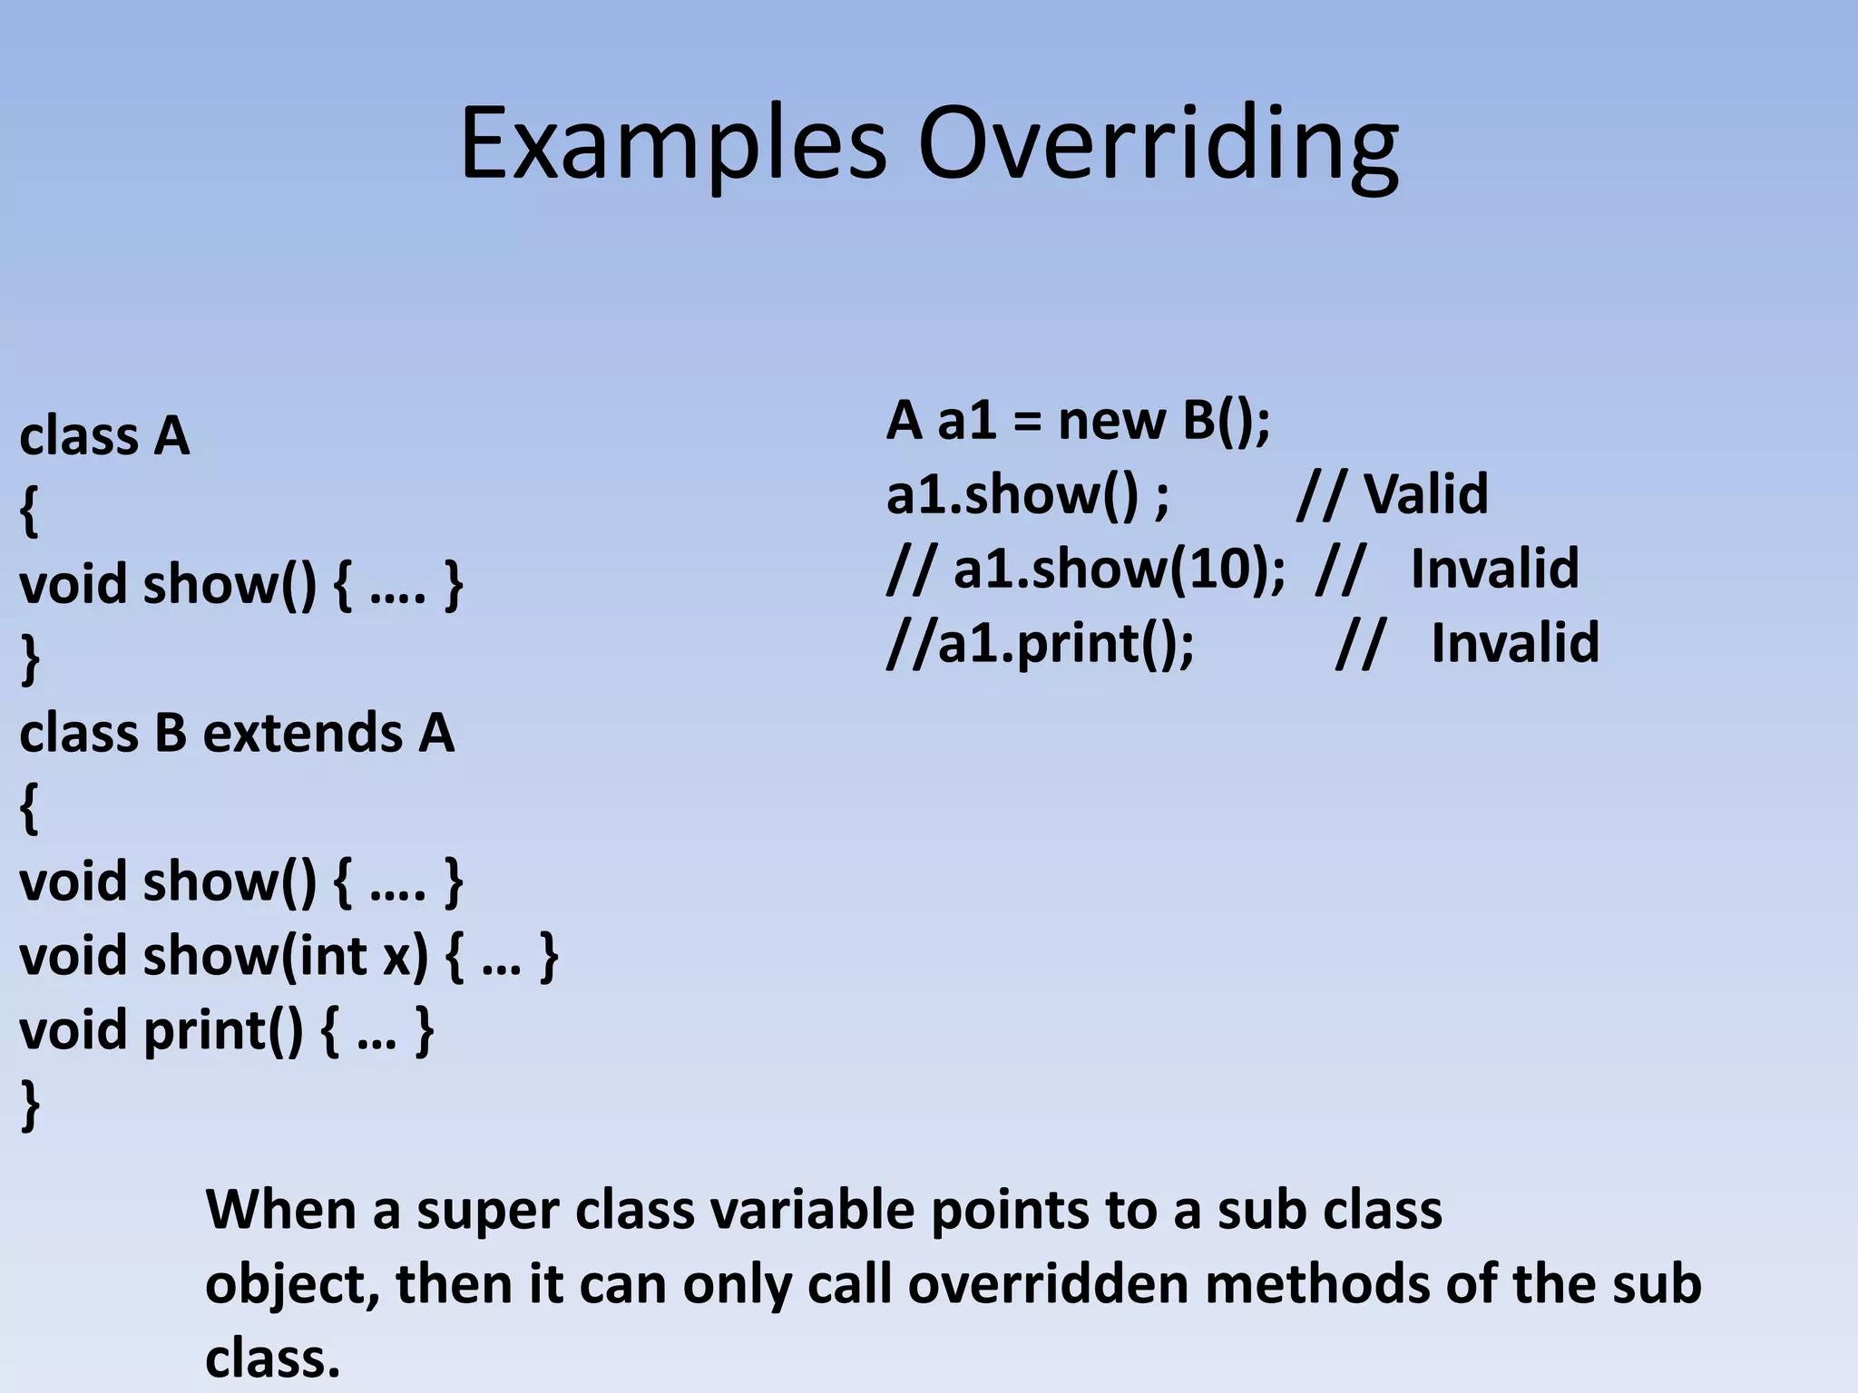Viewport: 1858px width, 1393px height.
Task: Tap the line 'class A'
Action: [104, 436]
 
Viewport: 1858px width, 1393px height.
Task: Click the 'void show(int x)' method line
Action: [288, 956]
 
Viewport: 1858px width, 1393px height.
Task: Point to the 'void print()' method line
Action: [226, 1030]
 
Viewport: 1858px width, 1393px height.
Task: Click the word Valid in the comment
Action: [1425, 494]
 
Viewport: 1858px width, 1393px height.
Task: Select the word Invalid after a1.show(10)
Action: [1494, 569]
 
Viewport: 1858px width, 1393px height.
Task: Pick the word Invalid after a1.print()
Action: [1514, 643]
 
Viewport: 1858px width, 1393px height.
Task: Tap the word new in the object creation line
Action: [1110, 421]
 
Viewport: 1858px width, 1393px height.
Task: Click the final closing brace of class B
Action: [30, 1106]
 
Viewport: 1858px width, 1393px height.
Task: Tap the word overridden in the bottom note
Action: [1047, 1284]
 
